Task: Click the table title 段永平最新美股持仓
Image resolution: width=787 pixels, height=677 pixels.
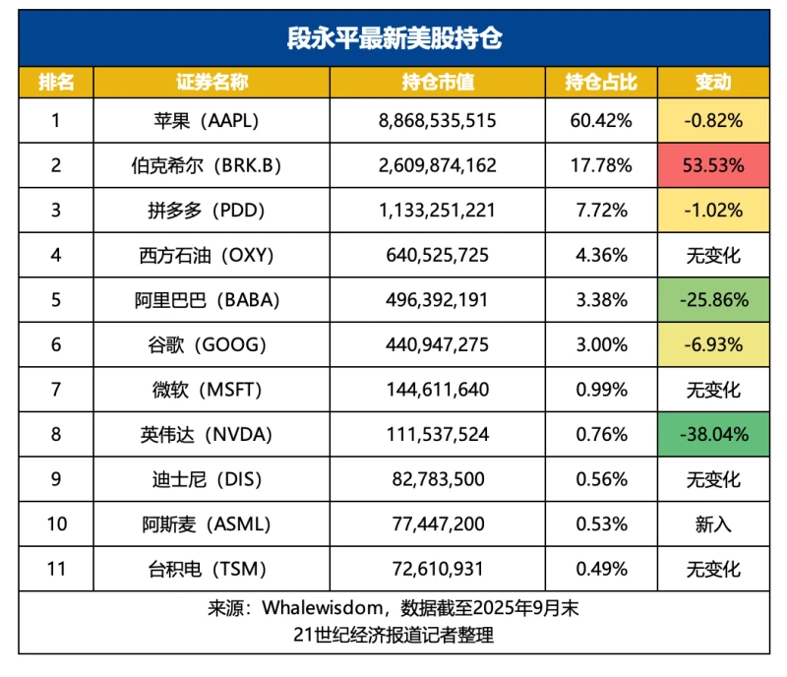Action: coord(393,39)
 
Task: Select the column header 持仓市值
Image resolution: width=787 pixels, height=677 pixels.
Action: coord(437,82)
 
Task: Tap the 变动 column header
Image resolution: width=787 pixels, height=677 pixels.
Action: coord(713,82)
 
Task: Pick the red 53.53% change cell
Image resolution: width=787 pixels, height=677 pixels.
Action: coord(713,165)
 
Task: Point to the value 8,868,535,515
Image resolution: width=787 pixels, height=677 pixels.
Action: coord(437,120)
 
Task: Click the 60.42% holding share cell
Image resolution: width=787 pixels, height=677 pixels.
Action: coord(601,120)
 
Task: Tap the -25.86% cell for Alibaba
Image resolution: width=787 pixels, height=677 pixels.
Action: coord(713,300)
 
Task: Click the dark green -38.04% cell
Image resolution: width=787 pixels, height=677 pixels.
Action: coord(713,434)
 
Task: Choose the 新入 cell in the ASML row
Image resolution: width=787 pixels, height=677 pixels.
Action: coord(713,524)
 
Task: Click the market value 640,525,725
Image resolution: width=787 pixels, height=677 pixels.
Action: coord(437,255)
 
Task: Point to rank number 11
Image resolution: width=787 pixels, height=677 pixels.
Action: coord(56,569)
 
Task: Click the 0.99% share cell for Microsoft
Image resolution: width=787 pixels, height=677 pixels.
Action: coord(601,390)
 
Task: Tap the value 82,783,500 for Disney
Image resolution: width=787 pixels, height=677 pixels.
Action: coord(437,479)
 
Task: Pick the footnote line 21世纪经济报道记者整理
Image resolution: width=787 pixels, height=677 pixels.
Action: coord(393,635)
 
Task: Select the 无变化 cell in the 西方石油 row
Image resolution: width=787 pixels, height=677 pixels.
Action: coord(713,255)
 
